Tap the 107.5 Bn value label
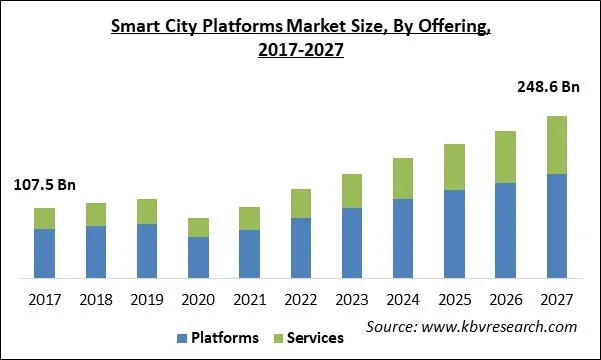point(44,185)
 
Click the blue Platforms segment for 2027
point(556,226)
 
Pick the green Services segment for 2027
point(556,145)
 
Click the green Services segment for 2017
point(44,218)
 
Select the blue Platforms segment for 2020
point(198,257)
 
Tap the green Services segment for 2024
point(403,178)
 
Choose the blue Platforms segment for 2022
point(301,247)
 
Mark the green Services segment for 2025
point(454,167)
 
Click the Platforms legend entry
point(226,337)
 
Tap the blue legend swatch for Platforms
point(184,338)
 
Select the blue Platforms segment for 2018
point(96,252)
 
